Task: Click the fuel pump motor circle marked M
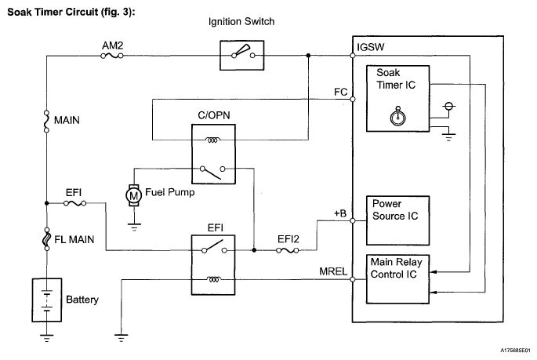(x=134, y=194)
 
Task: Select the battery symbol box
(x=47, y=299)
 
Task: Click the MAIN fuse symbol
(x=47, y=121)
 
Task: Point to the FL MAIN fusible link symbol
(x=47, y=236)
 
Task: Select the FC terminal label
(x=340, y=91)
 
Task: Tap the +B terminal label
(x=339, y=213)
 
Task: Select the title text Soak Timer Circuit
(x=71, y=13)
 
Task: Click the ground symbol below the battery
(x=47, y=338)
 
